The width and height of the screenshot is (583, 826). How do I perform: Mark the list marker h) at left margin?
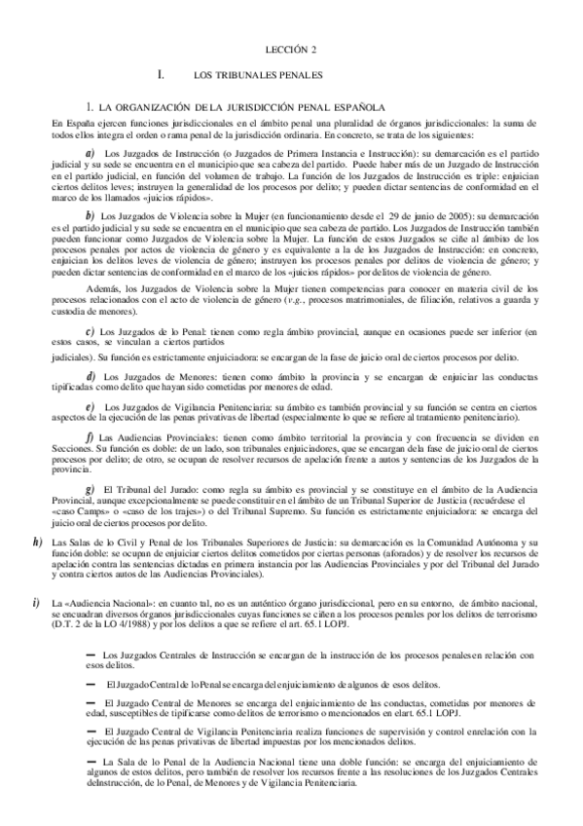38,541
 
